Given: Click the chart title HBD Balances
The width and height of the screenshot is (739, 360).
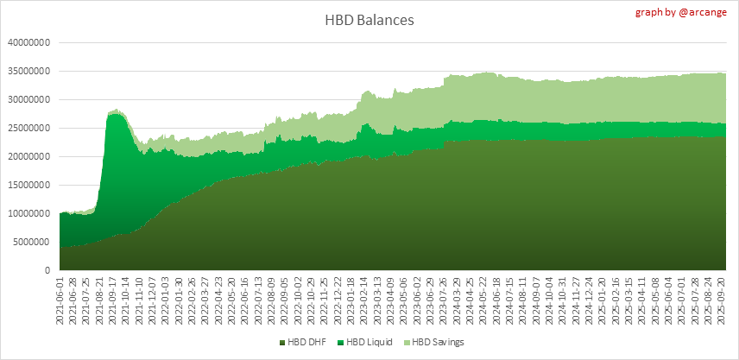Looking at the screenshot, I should click(369, 19).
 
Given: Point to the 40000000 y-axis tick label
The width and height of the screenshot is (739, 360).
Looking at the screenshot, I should click(30, 42).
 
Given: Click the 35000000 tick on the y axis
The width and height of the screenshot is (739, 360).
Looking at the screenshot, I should click(30, 71).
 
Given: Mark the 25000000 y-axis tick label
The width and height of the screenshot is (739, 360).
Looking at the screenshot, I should click(30, 128).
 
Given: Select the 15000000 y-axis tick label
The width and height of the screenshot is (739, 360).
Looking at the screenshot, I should click(30, 185).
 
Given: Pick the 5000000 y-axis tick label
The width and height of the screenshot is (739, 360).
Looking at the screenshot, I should click(33, 242).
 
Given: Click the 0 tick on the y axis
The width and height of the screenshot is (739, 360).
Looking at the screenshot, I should click(51, 270).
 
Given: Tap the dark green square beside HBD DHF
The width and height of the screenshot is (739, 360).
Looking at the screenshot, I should click(282, 344).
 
